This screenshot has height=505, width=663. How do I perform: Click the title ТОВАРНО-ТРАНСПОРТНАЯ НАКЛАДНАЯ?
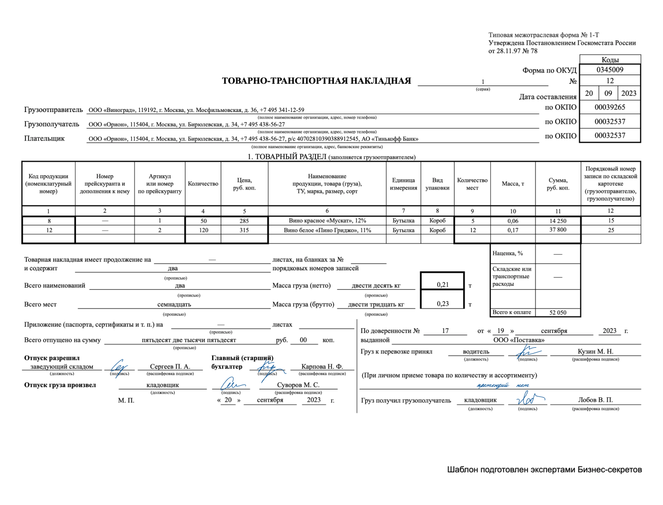click(316, 81)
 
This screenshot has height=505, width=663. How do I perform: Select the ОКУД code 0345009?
click(609, 70)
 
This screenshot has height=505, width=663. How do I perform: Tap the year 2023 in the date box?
click(628, 94)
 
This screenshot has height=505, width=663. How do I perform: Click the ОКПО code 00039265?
click(609, 107)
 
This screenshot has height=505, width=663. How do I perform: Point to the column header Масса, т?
click(513, 184)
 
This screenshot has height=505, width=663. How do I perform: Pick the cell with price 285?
click(244, 221)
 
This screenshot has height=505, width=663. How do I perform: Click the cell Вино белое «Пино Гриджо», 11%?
click(327, 230)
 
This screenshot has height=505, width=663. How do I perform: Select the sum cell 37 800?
click(558, 230)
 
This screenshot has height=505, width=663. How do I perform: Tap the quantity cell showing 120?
click(203, 230)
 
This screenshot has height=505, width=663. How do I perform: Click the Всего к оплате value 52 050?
click(558, 313)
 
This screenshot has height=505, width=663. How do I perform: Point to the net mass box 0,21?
click(443, 285)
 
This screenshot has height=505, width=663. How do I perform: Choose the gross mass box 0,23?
click(443, 304)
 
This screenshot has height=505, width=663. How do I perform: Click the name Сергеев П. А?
click(170, 366)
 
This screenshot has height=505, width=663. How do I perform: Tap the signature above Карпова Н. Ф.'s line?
click(266, 366)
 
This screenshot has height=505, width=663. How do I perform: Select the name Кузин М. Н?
click(595, 351)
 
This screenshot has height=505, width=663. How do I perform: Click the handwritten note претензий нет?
click(503, 385)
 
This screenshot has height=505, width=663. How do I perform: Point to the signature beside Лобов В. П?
click(528, 399)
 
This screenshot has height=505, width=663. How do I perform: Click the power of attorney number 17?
click(445, 331)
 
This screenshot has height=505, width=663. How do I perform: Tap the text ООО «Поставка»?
click(519, 340)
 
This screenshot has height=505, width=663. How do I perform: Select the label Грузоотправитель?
click(54, 110)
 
